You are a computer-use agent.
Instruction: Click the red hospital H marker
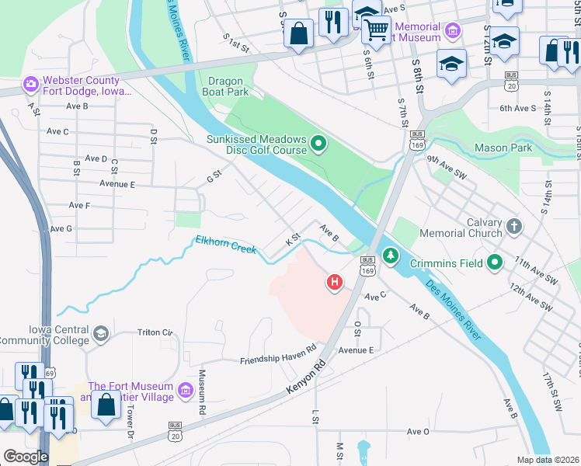pos(335,282)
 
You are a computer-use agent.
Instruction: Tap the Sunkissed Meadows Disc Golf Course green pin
pos(318,143)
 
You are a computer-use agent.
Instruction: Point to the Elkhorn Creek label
pos(225,244)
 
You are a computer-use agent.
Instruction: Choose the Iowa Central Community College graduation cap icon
pos(100,334)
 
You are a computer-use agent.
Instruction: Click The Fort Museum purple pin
pos(185,391)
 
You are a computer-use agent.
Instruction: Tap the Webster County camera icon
pos(30,83)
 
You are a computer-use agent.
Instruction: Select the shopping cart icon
pos(377,30)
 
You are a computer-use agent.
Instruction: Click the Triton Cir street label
pos(155,332)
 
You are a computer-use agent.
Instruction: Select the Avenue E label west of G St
pos(117,184)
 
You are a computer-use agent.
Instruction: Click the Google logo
pos(26,456)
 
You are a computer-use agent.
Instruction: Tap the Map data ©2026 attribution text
pos(548,460)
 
